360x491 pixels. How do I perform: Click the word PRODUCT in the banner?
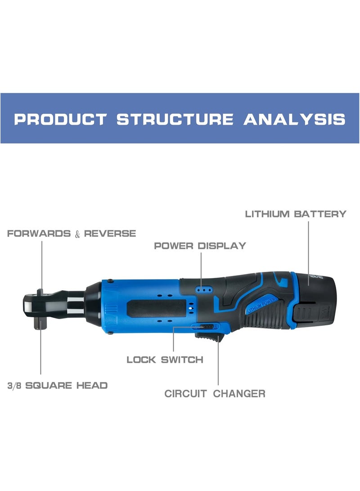tap(60, 119)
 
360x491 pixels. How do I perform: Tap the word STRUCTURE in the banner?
tap(175, 119)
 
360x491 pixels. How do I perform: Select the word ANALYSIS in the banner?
tap(295, 119)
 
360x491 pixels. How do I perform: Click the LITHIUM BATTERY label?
tap(296, 214)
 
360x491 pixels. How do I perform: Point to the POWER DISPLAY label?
tap(200, 246)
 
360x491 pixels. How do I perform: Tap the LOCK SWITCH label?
tap(165, 360)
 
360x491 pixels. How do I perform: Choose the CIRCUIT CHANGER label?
tap(215, 394)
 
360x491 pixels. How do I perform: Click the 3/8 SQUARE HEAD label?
tap(58, 386)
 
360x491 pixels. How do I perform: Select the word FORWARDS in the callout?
tap(39, 234)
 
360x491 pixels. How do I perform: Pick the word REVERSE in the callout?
tap(110, 234)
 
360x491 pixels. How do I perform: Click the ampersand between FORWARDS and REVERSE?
tap(77, 234)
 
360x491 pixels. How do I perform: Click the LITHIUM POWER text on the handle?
tap(261, 305)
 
